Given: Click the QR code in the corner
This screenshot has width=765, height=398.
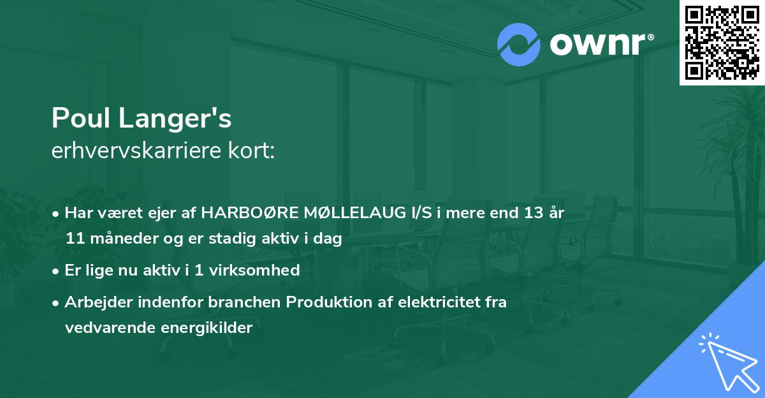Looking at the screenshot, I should pos(722,42).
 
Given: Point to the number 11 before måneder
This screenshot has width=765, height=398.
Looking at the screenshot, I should pos(75,239).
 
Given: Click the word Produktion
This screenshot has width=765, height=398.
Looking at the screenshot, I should pos(328,302).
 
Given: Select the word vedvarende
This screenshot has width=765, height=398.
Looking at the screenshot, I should pos(106,328).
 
